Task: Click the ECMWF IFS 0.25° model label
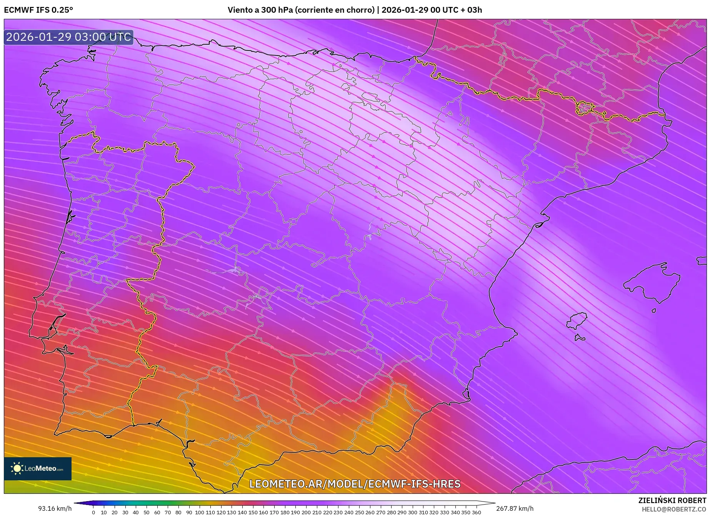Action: click(x=38, y=10)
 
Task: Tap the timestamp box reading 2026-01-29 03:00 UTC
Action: click(x=68, y=37)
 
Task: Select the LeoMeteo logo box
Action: click(x=38, y=468)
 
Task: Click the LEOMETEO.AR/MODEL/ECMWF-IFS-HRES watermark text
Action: click(x=355, y=484)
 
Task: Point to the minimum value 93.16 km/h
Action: click(x=55, y=508)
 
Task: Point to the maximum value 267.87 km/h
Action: click(x=515, y=508)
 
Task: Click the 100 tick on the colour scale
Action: click(x=199, y=512)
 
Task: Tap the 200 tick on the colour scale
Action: click(x=306, y=512)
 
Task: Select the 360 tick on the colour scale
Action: click(x=476, y=512)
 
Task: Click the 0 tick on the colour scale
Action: click(x=93, y=512)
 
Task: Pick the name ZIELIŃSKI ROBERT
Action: click(x=672, y=500)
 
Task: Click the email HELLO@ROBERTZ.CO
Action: click(x=673, y=509)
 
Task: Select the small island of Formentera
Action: click(x=579, y=338)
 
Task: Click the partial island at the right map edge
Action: click(x=702, y=261)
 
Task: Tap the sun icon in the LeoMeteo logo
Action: click(x=17, y=468)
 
